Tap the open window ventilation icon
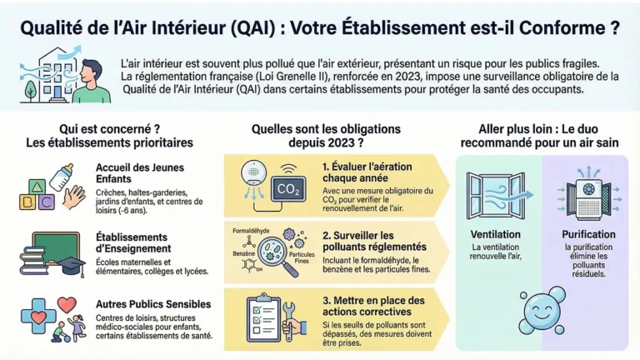click(495, 196)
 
